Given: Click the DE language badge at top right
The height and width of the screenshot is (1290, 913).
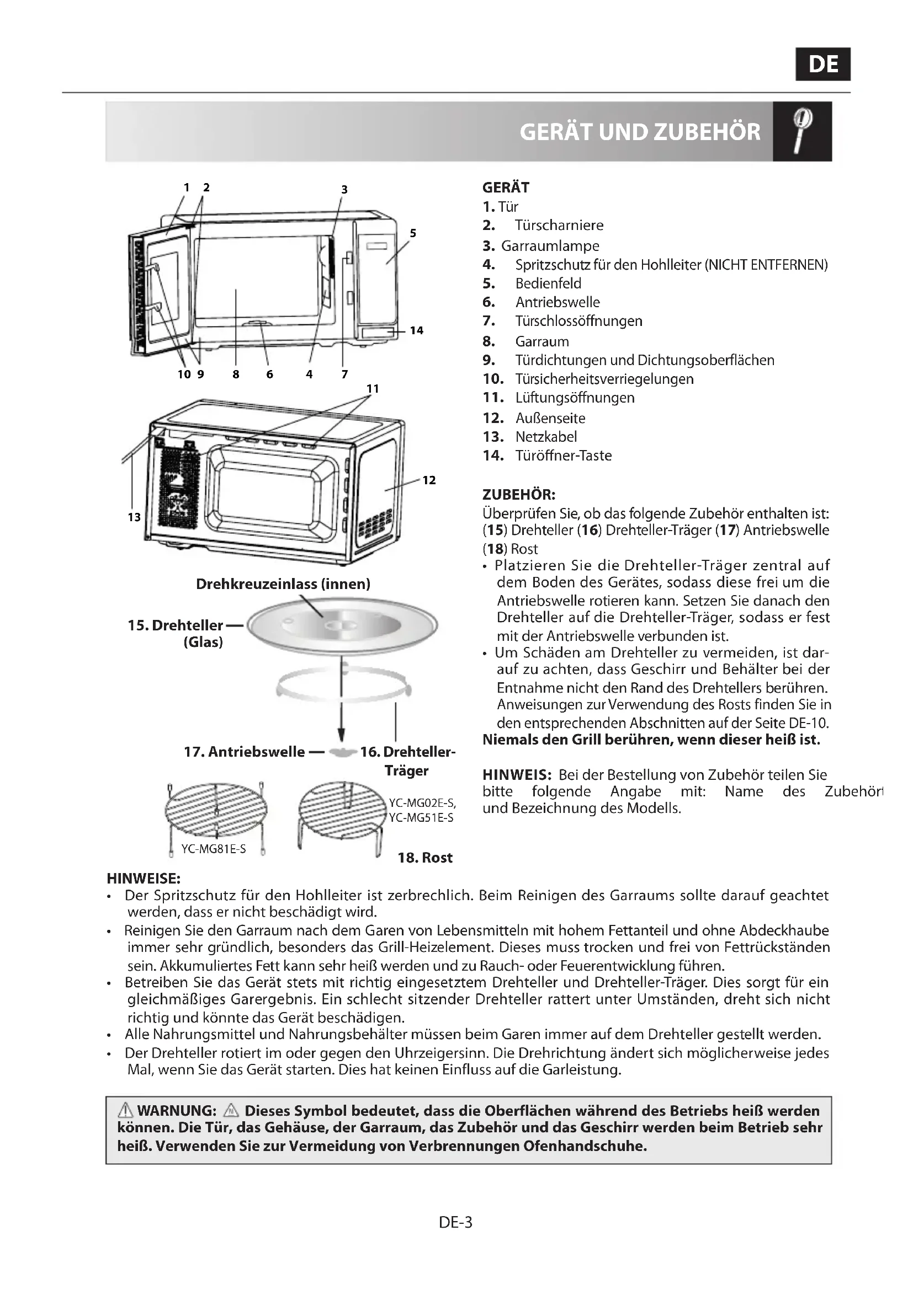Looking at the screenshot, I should pyautogui.click(x=822, y=64).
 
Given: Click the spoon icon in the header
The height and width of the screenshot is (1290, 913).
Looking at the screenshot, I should pyautogui.click(x=801, y=131).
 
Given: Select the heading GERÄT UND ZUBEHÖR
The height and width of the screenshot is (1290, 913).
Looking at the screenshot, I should pyautogui.click(x=640, y=132).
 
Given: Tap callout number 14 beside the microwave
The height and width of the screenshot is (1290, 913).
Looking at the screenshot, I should pyautogui.click(x=416, y=330).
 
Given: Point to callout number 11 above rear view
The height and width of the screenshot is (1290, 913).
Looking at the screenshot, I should pyautogui.click(x=373, y=388).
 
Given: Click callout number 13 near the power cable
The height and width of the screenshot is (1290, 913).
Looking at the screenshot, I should pyautogui.click(x=134, y=517).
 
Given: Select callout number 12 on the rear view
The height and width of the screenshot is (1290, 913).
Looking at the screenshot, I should pyautogui.click(x=429, y=480).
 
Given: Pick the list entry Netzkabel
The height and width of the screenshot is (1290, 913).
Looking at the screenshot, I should pyautogui.click(x=546, y=437).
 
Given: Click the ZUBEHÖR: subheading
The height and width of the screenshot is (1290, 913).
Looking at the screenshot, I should pyautogui.click(x=518, y=494).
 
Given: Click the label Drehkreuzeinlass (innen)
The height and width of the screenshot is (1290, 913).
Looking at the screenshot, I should pyautogui.click(x=283, y=584).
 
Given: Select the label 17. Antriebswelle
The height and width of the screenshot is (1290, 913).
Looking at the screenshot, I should pyautogui.click(x=244, y=752).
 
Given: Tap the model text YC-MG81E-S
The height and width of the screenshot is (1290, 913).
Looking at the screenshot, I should pyautogui.click(x=213, y=849).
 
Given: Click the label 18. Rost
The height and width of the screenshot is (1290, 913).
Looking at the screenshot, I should pyautogui.click(x=425, y=858).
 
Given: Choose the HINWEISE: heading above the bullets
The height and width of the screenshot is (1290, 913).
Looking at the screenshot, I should pyautogui.click(x=144, y=877).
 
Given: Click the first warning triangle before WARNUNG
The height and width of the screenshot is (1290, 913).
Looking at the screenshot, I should pyautogui.click(x=125, y=1110).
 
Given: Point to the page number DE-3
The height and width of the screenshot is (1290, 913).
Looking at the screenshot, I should pyautogui.click(x=456, y=1223).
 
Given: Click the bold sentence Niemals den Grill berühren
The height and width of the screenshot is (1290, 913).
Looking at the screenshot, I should pyautogui.click(x=651, y=740).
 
